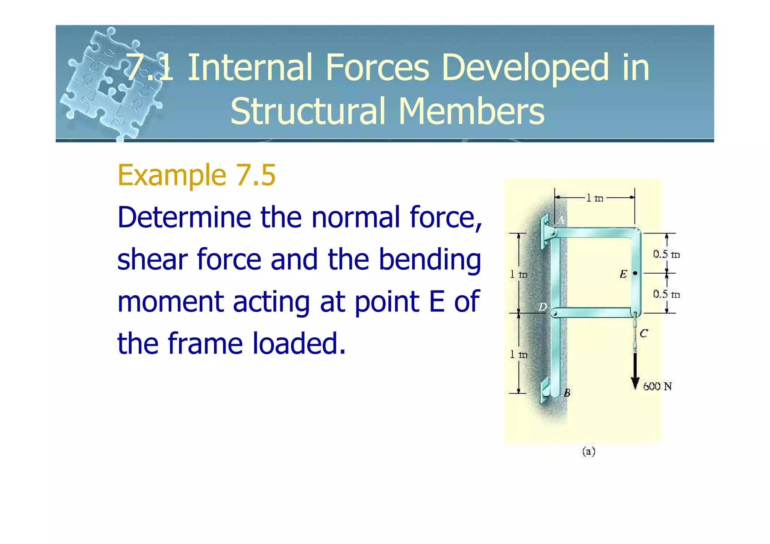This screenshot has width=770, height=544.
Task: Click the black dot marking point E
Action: (635, 273)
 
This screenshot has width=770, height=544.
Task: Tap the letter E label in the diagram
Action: (623, 274)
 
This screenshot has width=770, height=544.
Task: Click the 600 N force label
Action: (657, 386)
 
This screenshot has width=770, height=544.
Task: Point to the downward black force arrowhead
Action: (635, 383)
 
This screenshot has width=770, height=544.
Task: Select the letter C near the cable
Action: (644, 333)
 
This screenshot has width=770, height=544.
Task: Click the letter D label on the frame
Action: (543, 307)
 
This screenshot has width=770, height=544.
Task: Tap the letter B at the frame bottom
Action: (567, 393)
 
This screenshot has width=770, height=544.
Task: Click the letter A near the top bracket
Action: (561, 220)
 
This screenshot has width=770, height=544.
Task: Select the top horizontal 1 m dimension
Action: (595, 198)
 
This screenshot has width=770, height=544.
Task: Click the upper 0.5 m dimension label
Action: (666, 255)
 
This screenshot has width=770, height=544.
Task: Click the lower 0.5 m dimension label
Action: (666, 294)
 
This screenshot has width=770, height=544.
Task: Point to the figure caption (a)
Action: (589, 451)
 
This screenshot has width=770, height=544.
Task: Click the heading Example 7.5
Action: (197, 175)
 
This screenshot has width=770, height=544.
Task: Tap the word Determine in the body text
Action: (184, 217)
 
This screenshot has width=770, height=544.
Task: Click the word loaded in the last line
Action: (298, 344)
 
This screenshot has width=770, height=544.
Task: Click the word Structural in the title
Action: (308, 111)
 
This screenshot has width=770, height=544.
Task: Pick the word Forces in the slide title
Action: (377, 68)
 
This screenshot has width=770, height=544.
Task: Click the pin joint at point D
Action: (555, 313)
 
